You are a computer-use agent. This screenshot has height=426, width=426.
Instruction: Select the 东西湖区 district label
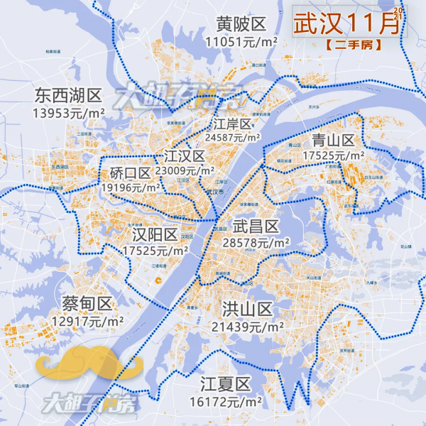[x=68, y=95]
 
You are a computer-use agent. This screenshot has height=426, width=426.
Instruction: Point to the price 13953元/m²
[x=69, y=111]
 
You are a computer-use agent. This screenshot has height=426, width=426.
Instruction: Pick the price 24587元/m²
[x=232, y=138]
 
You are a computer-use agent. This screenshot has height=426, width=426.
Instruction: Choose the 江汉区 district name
[x=184, y=156]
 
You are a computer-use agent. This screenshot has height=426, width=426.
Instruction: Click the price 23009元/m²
[x=185, y=171]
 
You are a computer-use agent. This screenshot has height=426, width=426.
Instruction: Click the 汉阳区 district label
[x=155, y=235]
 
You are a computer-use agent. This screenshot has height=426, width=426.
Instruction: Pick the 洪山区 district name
[x=247, y=310]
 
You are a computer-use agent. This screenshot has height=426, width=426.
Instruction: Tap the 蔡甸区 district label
[x=87, y=305]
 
